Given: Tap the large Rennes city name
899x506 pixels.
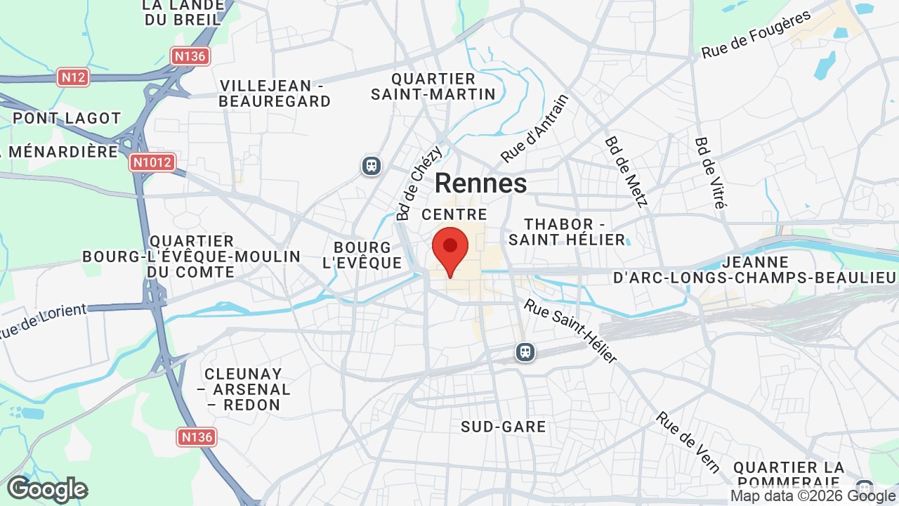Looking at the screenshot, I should click(x=480, y=183).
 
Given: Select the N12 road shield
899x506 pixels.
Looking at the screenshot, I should click(x=73, y=77).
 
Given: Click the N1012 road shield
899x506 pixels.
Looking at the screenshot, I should click(x=152, y=163).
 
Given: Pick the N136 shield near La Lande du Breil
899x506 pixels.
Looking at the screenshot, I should click(x=190, y=56).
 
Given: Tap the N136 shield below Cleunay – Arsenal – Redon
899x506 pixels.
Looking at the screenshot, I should click(x=196, y=437).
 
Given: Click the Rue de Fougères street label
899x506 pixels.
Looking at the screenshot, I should click(x=756, y=34).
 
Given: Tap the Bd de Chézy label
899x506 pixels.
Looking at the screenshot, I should click(x=419, y=183).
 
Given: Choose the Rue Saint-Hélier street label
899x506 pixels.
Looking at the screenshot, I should click(x=570, y=332).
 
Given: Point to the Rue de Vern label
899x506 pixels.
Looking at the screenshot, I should click(x=688, y=442).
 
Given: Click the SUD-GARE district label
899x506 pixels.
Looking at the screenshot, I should click(x=504, y=427).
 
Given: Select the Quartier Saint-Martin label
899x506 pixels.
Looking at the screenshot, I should click(x=433, y=86).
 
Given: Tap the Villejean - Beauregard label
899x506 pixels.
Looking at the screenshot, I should click(x=275, y=93).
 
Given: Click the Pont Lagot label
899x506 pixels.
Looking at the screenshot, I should click(x=67, y=118).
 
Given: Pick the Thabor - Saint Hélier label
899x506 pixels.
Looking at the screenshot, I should click(x=567, y=232).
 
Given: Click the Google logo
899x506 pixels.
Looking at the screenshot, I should click(x=47, y=489).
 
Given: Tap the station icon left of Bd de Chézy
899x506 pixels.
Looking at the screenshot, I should click(x=372, y=166).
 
